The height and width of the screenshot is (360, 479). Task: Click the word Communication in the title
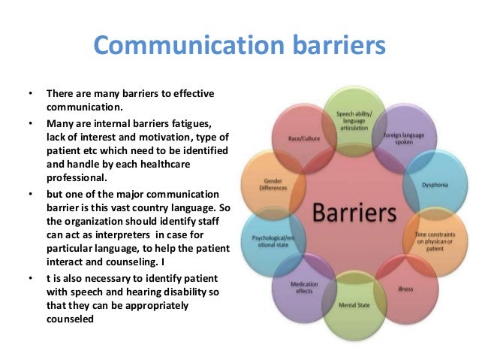pos(176,47)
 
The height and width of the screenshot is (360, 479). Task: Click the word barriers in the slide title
pos(324,47)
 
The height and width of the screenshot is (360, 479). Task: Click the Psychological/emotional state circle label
pos(270,242)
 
